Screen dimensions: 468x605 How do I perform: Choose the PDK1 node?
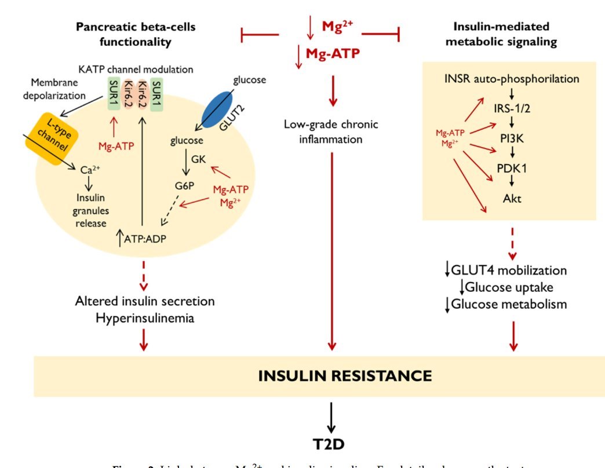point(512,169)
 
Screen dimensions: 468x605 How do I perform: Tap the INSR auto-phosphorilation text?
point(512,78)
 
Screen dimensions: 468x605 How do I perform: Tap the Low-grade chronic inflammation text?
point(331,131)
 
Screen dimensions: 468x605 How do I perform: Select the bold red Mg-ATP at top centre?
point(331,55)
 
